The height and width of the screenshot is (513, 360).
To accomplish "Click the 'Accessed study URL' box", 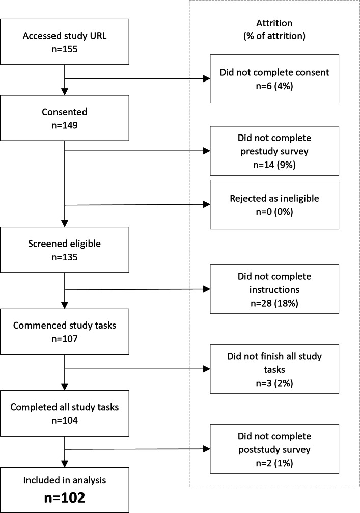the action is point(65,42).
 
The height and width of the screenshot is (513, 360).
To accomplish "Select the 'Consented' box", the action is point(65,118).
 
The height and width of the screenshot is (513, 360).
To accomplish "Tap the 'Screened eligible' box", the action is point(65,250).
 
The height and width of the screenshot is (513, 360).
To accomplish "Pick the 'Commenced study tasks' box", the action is point(65,332).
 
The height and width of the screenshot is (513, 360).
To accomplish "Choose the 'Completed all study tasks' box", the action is point(65,413).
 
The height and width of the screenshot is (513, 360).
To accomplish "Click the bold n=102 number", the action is point(65,498).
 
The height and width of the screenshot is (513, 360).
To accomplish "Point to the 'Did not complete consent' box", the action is point(274,79).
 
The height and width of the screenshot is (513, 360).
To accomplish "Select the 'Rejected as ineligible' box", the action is point(274,204).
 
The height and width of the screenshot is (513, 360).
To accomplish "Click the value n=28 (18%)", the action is point(274,303).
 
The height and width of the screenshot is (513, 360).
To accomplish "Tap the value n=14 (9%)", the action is point(274,165).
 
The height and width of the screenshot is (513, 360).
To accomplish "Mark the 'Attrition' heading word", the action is point(274,23).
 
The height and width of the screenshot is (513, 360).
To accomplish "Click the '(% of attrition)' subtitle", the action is point(274,36).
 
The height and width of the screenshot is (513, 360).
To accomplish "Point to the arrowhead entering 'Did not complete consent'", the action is point(207,78).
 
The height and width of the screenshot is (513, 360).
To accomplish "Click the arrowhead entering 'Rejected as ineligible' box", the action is point(207,204).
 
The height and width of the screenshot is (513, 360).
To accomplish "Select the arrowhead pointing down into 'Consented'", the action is point(65,92).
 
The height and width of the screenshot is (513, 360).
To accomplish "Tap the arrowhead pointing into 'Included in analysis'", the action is point(65,464).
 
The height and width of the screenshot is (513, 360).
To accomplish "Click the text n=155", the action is point(65,49).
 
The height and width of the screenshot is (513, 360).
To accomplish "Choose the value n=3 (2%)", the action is point(274,383).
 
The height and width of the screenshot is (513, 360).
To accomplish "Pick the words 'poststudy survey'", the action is point(274,450).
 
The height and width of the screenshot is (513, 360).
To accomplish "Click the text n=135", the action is point(65,257).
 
